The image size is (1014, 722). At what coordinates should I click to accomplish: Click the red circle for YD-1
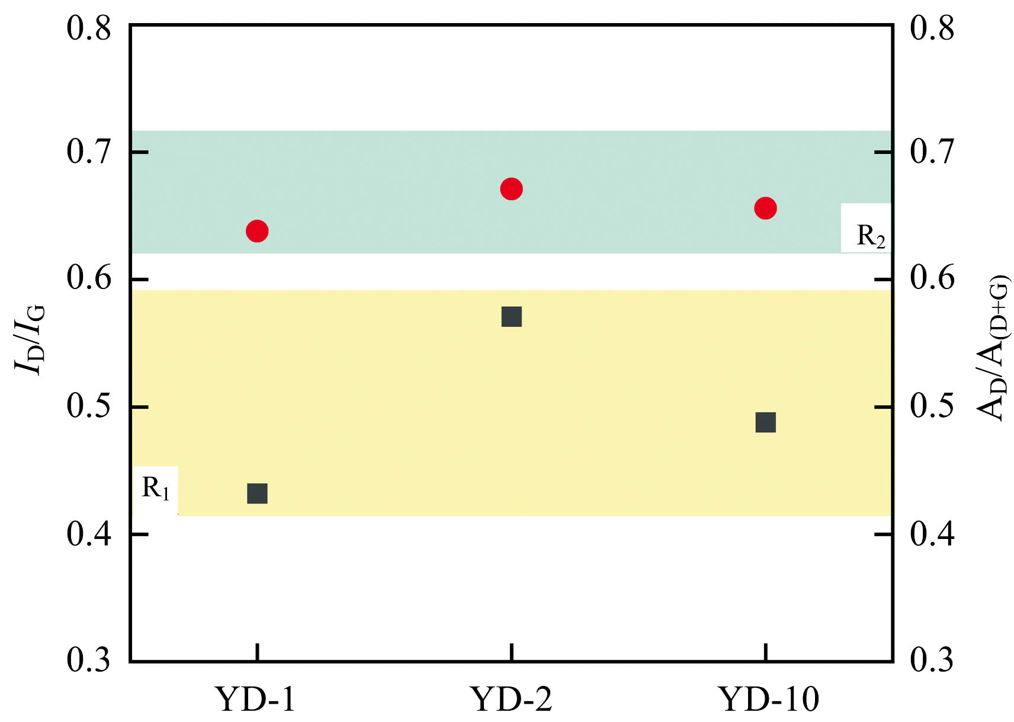(257, 231)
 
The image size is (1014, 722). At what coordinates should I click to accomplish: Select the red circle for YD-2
(511, 190)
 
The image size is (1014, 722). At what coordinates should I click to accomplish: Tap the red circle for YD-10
(765, 208)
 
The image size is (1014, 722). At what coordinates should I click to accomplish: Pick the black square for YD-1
(257, 493)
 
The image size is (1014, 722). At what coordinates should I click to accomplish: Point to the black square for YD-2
(511, 317)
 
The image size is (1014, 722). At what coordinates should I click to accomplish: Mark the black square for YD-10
(765, 423)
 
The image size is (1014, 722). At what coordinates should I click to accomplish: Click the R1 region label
(156, 489)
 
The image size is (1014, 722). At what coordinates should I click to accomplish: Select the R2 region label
(871, 236)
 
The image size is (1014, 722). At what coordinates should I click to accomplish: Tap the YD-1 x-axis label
(255, 699)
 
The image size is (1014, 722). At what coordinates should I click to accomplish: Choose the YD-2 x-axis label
(511, 699)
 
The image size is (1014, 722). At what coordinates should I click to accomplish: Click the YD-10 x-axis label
(769, 699)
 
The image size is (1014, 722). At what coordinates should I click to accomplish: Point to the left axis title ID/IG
(30, 339)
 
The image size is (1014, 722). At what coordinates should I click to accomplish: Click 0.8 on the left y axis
(89, 28)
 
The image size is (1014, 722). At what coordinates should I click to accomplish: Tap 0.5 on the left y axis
(89, 407)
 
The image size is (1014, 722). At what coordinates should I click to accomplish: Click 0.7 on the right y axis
(932, 152)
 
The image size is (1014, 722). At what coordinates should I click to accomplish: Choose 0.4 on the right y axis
(932, 534)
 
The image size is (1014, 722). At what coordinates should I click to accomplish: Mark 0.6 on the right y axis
(932, 278)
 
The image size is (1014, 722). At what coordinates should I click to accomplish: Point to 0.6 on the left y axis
(89, 278)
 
